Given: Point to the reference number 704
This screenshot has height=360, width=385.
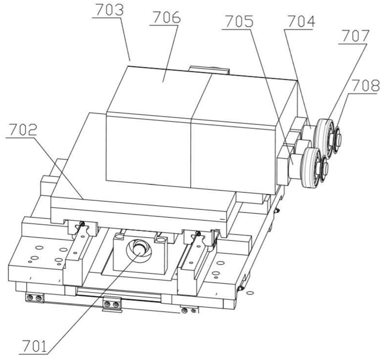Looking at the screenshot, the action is tap(301, 22).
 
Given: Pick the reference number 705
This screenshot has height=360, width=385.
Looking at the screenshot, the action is tap(239, 22).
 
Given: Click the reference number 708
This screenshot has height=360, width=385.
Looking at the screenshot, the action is tap(365, 86).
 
